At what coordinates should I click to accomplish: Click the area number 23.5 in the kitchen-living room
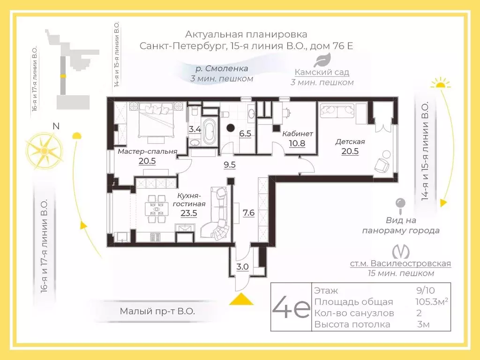pyautogui.click(x=188, y=213)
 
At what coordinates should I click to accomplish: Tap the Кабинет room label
pyautogui.click(x=297, y=134)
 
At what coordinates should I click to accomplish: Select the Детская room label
pyautogui.click(x=350, y=142)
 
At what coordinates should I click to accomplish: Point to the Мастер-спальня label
pyautogui.click(x=148, y=151)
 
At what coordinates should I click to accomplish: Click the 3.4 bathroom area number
pyautogui.click(x=195, y=129)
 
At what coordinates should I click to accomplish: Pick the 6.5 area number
pyautogui.click(x=245, y=134)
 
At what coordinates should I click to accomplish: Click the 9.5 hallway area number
pyautogui.click(x=230, y=165)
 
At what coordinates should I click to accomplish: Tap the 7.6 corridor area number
pyautogui.click(x=248, y=212)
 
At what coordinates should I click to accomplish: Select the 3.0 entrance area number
pyautogui.click(x=242, y=267)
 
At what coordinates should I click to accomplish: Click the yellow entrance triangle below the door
pyautogui.click(x=241, y=300)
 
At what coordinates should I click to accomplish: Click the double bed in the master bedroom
pyautogui.click(x=157, y=120)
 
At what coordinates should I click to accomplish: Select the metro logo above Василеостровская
pyautogui.click(x=401, y=252)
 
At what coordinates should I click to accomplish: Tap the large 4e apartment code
pyautogui.click(x=291, y=307)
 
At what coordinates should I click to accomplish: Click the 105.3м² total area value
pyautogui.click(x=432, y=301)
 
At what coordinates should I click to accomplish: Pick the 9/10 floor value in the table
pyautogui.click(x=426, y=290)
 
